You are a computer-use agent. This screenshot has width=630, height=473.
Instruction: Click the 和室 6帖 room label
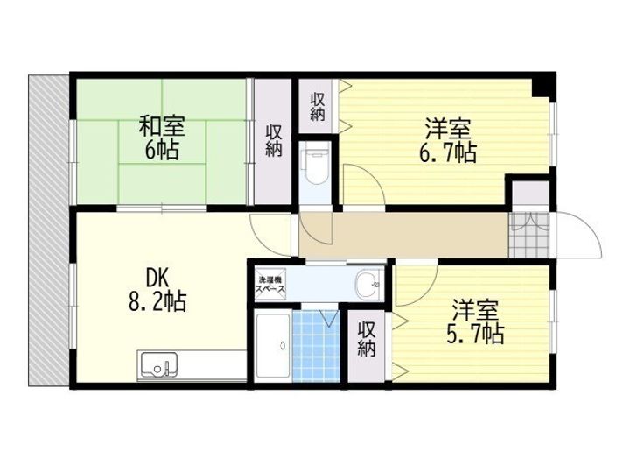click(162, 138)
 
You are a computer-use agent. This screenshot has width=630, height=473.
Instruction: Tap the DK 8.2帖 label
click(157, 290)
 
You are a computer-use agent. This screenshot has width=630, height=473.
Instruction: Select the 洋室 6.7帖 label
click(448, 140)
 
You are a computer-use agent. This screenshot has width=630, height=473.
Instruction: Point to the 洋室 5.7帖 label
click(475, 321)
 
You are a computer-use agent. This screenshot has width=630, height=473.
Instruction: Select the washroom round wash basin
click(367, 285)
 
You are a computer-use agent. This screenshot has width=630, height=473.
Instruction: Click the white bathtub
click(273, 345)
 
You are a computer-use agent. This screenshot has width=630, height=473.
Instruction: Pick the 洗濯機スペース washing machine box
click(271, 285)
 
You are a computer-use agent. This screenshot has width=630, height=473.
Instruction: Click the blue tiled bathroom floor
click(316, 346)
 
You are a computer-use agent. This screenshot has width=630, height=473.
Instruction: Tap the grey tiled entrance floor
click(528, 236)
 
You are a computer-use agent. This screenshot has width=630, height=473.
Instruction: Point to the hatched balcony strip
click(49, 230)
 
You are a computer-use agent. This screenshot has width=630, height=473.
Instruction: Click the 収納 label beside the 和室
click(274, 141)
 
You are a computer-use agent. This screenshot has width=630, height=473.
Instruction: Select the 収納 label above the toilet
click(318, 107)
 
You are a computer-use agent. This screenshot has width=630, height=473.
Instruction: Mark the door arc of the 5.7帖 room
click(426, 293)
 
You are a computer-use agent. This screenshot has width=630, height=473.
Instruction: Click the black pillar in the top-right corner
click(544, 85)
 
